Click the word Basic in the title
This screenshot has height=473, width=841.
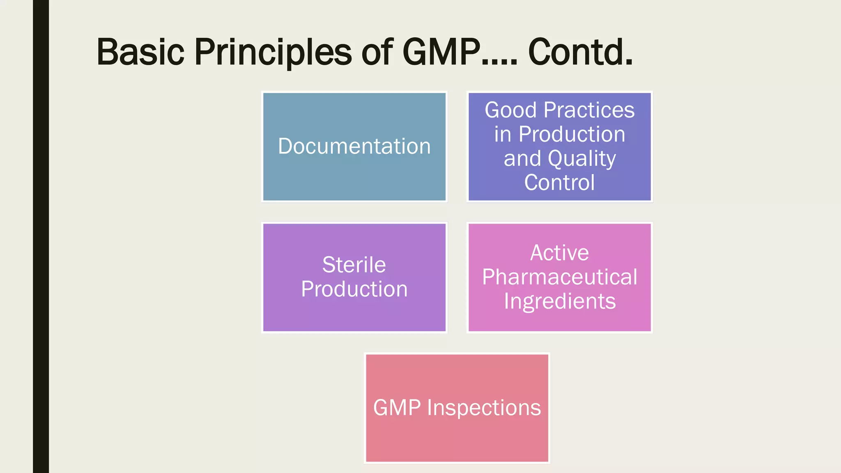tap(140, 53)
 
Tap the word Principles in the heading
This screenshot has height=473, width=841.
tap(273, 53)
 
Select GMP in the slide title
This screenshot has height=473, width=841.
tap(441, 53)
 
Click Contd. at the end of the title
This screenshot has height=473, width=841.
tap(580, 53)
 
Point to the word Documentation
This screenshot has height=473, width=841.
tap(354, 147)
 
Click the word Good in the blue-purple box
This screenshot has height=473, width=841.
tap(510, 110)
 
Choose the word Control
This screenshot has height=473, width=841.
tap(559, 183)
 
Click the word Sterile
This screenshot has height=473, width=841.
tap(354, 265)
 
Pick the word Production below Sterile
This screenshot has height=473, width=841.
tap(354, 289)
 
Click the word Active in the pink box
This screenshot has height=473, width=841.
tap(559, 253)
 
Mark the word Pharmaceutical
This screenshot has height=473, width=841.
tap(559, 277)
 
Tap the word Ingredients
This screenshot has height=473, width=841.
tap(559, 301)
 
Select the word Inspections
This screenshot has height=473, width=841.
tap(484, 408)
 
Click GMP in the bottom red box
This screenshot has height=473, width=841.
tap(397, 408)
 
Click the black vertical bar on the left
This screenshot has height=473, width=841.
tap(41, 236)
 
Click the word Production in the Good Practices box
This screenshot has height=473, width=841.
tap(572, 134)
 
